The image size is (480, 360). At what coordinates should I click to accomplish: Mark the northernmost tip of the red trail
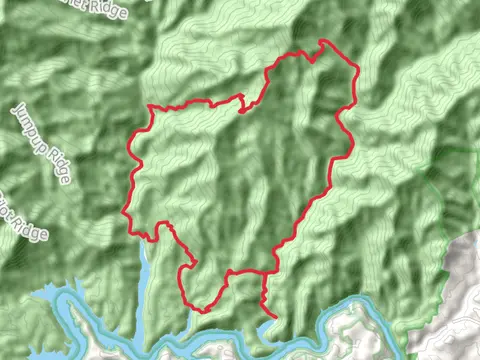[322, 41]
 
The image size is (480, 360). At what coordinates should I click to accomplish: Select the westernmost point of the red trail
[124, 211]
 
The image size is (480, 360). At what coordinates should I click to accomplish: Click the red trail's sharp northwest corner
[149, 106]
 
